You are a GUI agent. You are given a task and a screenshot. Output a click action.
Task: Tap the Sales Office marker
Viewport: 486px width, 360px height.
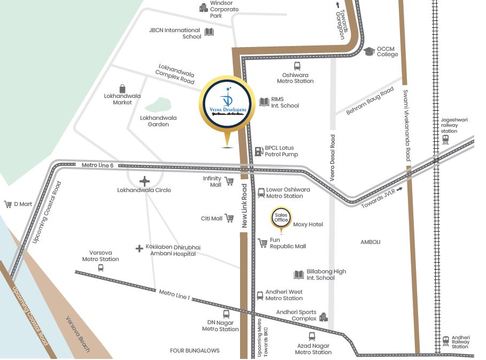click(x=281, y=217)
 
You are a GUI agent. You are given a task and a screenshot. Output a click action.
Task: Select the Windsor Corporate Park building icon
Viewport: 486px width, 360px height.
click(x=203, y=7)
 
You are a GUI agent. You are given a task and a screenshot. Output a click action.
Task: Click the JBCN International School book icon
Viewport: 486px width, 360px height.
click(x=209, y=32)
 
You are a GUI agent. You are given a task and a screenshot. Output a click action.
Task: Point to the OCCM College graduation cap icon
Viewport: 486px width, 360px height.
click(x=369, y=51)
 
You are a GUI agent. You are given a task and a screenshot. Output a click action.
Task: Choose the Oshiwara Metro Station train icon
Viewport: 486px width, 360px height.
click(x=297, y=66)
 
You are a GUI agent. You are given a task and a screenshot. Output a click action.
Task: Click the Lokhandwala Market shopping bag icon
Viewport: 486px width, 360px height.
click(x=122, y=88)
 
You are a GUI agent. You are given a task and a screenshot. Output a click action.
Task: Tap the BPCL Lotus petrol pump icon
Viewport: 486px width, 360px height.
click(x=258, y=151)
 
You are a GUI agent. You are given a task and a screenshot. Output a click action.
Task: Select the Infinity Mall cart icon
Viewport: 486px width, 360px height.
click(x=229, y=181)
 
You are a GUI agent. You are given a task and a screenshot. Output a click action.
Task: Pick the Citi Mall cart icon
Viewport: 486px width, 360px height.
click(x=229, y=218)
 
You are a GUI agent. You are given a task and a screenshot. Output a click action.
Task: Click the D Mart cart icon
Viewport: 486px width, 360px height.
click(x=8, y=204)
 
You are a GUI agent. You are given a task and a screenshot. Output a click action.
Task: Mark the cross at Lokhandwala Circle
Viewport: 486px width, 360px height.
click(x=144, y=181)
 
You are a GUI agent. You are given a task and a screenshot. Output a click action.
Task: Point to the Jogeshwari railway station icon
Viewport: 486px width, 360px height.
click(x=445, y=140)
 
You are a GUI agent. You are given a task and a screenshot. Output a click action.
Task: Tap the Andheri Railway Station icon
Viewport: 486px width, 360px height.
click(x=445, y=340)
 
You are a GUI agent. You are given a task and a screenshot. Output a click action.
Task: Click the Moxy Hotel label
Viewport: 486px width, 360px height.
click(x=308, y=225)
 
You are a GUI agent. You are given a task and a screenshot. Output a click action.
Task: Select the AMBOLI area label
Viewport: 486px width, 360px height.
click(x=371, y=242)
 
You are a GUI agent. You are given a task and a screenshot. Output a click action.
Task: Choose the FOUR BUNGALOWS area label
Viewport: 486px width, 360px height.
click(x=195, y=351)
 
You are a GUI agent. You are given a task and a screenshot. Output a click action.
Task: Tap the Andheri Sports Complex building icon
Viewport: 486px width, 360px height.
click(x=323, y=318)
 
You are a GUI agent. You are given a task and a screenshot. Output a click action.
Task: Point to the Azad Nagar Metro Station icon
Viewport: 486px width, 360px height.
click(x=312, y=336)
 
